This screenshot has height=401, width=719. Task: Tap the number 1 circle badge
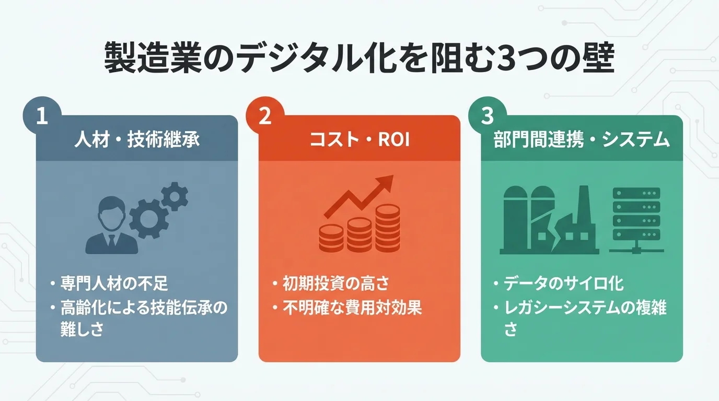coord(42,116)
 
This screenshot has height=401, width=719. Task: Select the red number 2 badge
coord(265,116)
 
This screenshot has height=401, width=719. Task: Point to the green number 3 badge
coord(487,116)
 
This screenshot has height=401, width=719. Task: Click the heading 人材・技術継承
coord(137,140)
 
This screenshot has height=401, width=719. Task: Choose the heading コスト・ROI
coord(359,140)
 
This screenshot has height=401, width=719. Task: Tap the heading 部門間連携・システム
coord(582,140)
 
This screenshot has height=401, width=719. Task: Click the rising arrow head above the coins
coord(385,182)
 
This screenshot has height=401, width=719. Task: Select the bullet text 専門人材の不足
coord(114,285)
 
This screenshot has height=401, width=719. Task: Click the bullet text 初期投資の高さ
coord(336,285)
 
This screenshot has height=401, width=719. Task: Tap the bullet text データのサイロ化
coord(563,285)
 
